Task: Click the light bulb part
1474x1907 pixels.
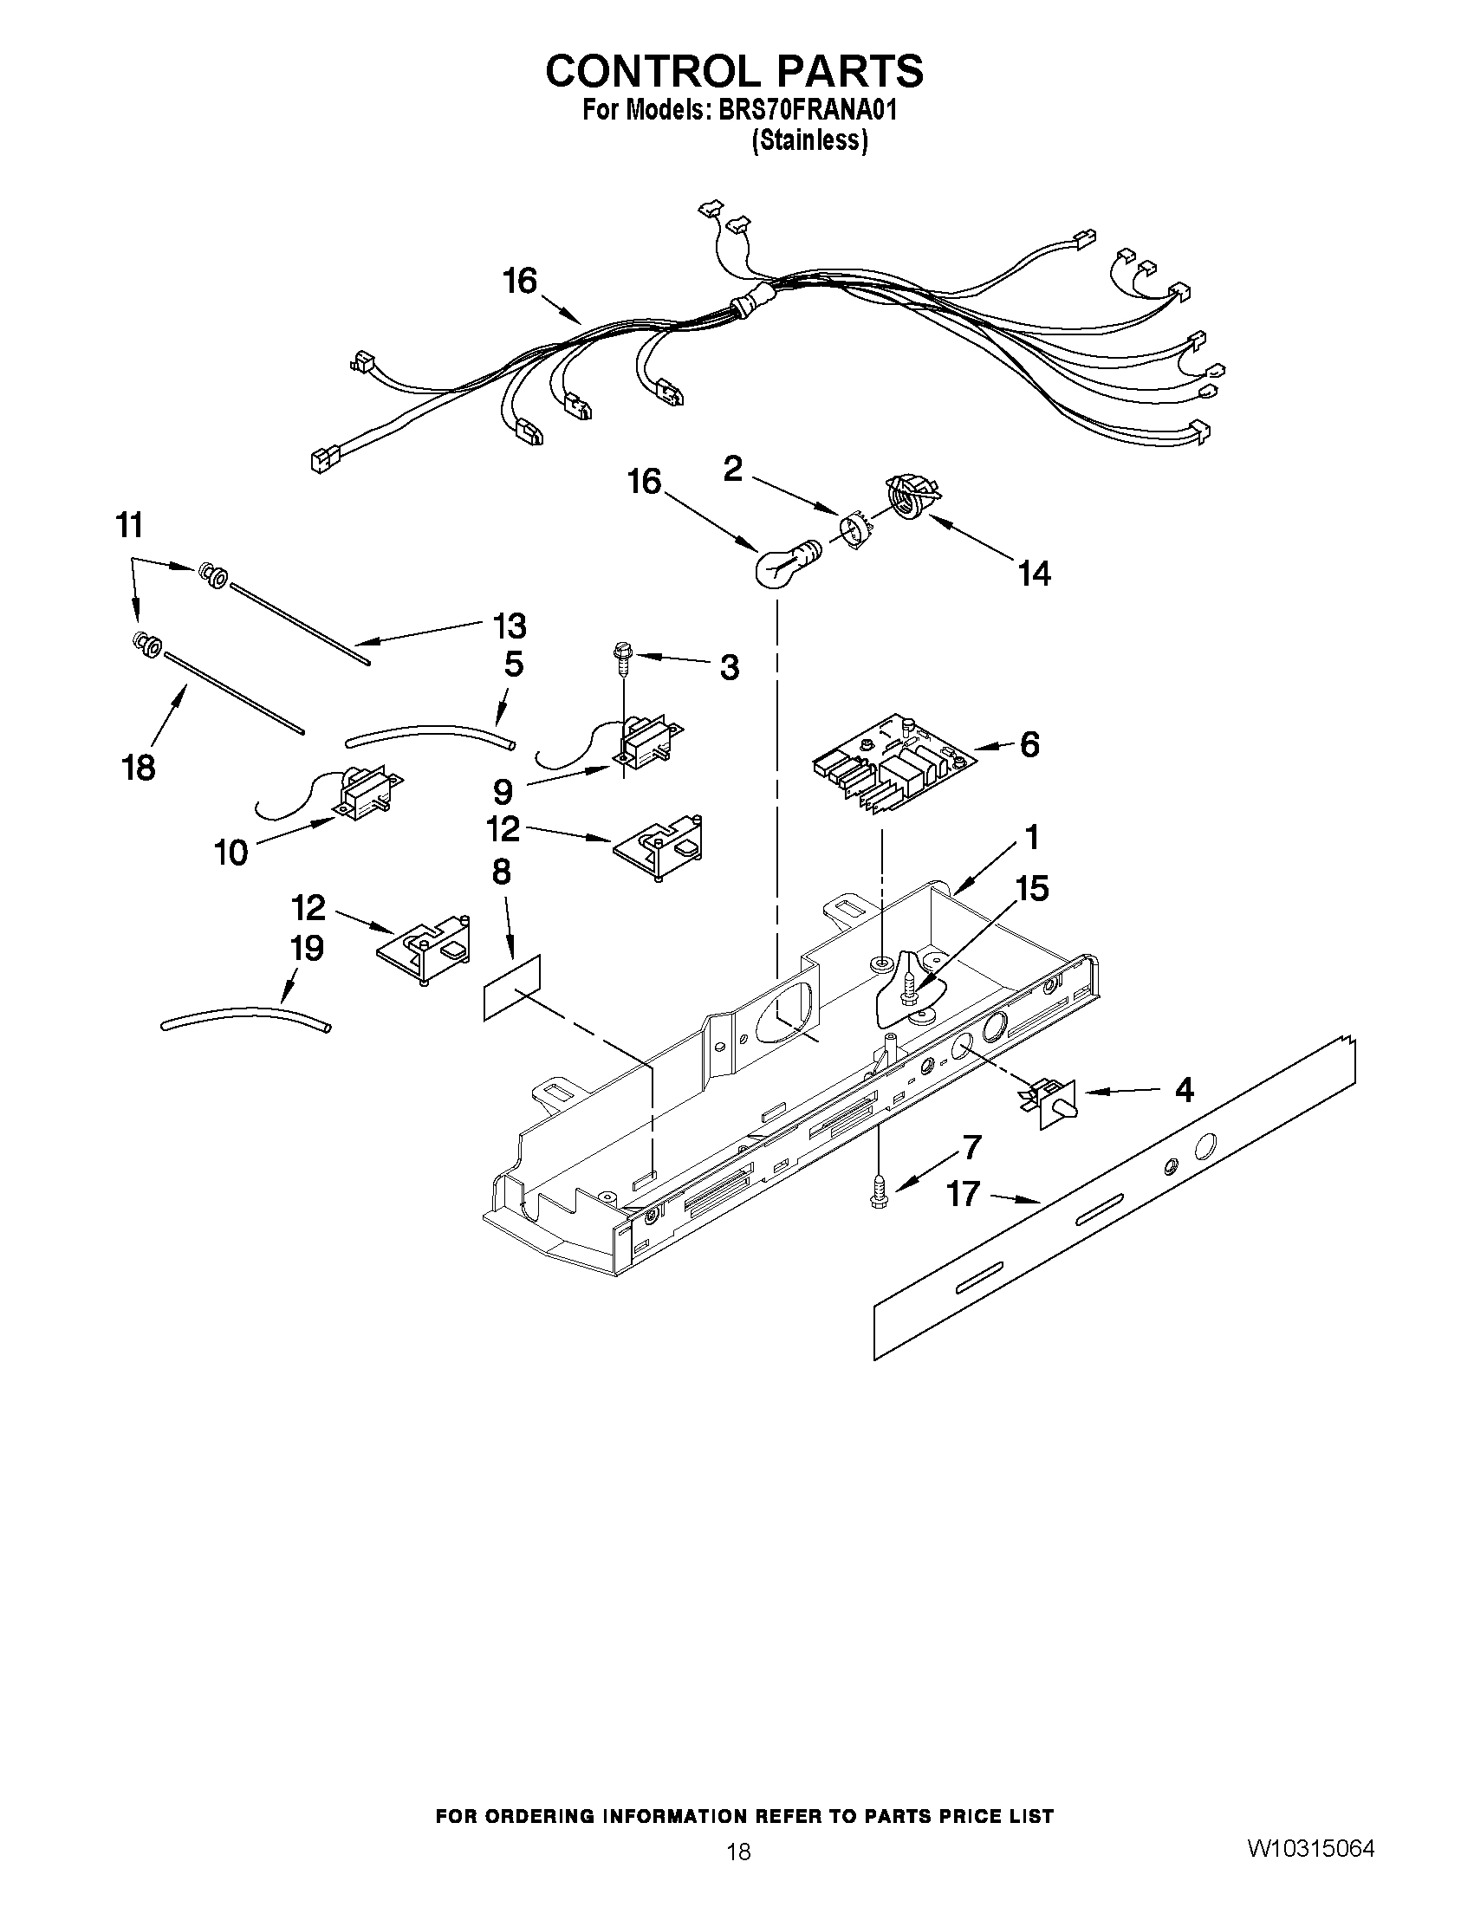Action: (782, 568)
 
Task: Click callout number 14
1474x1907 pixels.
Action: (1034, 574)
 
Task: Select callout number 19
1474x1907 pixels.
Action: (308, 948)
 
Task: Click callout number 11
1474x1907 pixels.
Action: (129, 527)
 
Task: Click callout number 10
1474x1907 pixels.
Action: (231, 853)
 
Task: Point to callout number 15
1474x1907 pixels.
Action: (1032, 889)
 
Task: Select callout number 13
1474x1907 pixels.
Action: (509, 626)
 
